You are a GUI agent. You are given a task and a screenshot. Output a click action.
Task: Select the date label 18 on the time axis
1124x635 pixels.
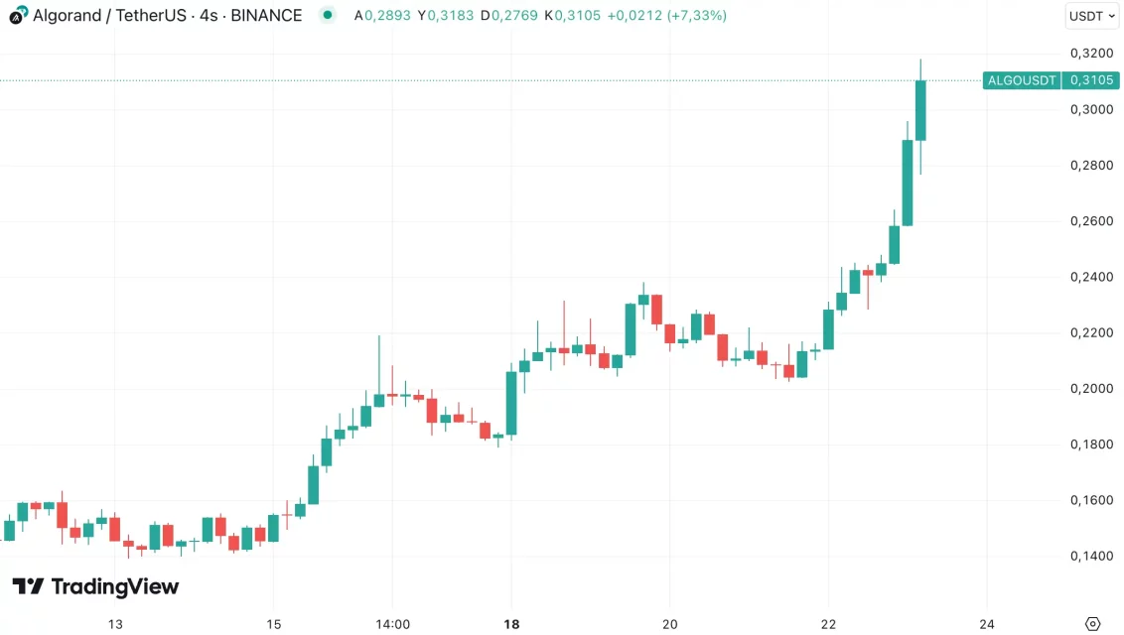pyautogui.click(x=511, y=624)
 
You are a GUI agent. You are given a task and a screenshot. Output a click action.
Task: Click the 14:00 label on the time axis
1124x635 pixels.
pyautogui.click(x=392, y=624)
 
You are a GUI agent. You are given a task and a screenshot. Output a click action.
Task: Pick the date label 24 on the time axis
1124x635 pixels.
pyautogui.click(x=987, y=624)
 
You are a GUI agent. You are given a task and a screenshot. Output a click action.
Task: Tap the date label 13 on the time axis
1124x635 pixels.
pyautogui.click(x=115, y=624)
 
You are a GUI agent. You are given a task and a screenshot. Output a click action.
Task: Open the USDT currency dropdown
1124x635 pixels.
pyautogui.click(x=1091, y=16)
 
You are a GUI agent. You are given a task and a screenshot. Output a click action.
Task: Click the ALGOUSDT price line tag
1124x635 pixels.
pyautogui.click(x=1022, y=80)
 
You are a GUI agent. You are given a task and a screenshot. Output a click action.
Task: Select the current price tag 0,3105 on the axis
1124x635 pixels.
pyautogui.click(x=1092, y=80)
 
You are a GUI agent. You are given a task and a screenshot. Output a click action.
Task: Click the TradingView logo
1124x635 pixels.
pyautogui.click(x=95, y=586)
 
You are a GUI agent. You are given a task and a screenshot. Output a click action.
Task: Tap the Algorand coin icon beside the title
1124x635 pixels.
pyautogui.click(x=18, y=16)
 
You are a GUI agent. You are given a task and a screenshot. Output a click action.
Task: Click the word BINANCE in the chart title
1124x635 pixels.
pyautogui.click(x=266, y=16)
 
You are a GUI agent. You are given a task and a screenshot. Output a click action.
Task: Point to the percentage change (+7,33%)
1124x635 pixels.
pyautogui.click(x=694, y=16)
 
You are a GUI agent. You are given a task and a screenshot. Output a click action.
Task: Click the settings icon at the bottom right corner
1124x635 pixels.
pyautogui.click(x=1092, y=624)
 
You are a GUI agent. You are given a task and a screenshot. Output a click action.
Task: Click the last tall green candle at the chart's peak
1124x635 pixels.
pyautogui.click(x=920, y=110)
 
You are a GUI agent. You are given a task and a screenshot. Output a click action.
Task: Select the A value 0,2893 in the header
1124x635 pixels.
pyautogui.click(x=378, y=16)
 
